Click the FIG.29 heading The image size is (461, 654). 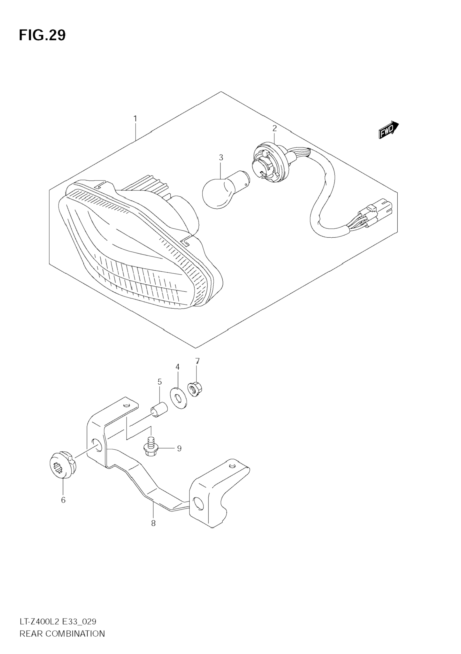(42, 36)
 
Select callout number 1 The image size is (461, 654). (135, 118)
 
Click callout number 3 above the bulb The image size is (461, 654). (221, 157)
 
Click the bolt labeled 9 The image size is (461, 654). (151, 448)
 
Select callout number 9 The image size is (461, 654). (179, 449)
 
